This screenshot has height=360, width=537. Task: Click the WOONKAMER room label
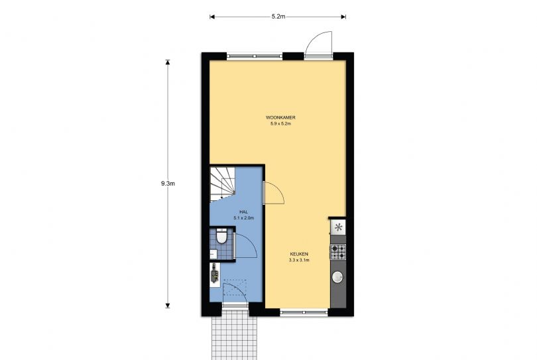280,117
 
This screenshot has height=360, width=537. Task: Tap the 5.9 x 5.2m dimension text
280,124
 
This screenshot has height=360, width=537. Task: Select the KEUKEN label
299,254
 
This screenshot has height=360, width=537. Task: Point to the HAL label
243,212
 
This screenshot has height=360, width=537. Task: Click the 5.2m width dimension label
278,17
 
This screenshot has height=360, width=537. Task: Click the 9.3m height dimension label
168,183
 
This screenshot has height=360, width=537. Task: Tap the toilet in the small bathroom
221,236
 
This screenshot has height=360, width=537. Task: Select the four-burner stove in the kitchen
337,252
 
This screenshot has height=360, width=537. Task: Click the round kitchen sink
337,277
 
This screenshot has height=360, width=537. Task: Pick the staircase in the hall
222,184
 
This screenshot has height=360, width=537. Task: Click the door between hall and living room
274,193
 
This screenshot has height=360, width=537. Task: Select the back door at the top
318,44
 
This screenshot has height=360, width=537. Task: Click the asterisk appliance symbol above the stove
338,227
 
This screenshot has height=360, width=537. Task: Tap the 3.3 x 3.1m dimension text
299,261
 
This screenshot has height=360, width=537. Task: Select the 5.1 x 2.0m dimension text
243,218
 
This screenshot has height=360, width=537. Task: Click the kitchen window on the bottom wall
304,312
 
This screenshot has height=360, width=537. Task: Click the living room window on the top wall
255,56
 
